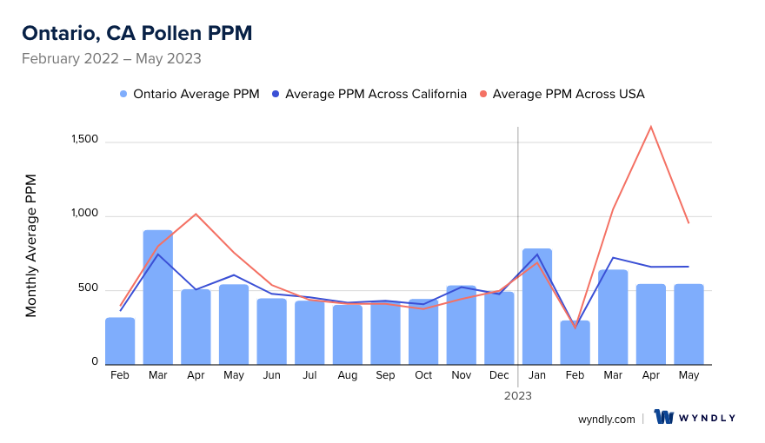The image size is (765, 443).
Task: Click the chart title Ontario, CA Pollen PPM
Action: point(136,33)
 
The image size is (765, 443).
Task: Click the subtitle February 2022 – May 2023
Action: point(111,59)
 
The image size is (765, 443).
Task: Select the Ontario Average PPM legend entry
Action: point(189,94)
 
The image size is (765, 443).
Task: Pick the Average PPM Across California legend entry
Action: point(369,94)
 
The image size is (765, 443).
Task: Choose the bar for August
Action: point(348,334)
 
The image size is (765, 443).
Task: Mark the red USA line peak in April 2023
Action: point(650,127)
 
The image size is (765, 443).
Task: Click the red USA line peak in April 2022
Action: point(196,214)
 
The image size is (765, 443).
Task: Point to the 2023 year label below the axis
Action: point(518,395)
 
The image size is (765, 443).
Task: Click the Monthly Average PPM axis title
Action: point(31,245)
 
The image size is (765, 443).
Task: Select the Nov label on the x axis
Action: point(462,375)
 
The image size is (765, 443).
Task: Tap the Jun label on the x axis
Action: point(272,375)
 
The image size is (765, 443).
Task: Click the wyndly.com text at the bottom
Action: point(607,419)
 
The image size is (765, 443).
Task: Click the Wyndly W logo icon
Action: point(664,418)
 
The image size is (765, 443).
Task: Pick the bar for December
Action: point(499,327)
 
